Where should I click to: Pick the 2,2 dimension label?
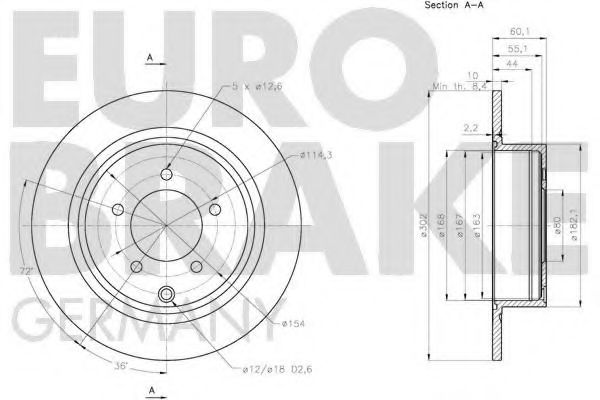click(470, 128)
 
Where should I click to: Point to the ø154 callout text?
click(293, 323)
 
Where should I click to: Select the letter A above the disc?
click(150, 58)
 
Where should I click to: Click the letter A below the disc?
click(150, 387)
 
